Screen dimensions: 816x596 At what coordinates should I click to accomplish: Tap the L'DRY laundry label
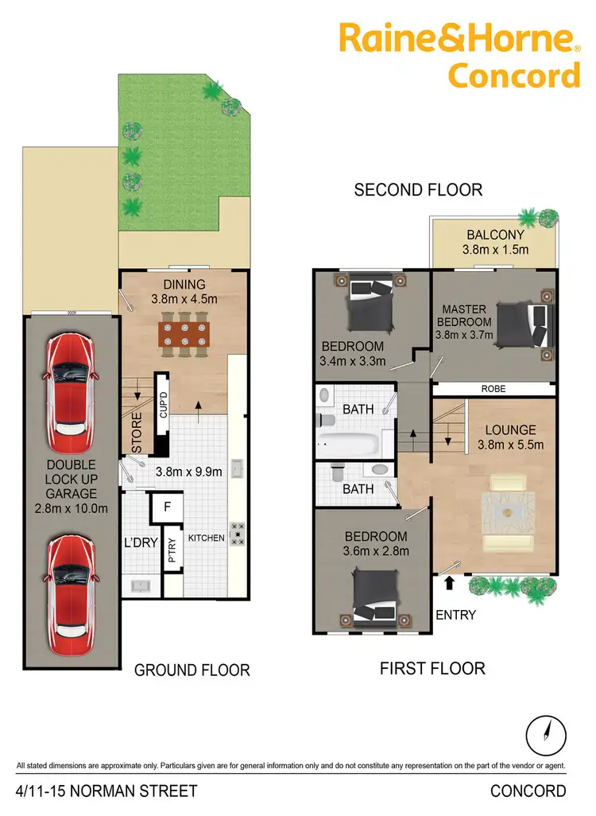tap(140, 543)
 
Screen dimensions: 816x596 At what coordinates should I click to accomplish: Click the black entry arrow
tap(449, 583)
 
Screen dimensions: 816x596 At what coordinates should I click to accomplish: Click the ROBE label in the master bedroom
tap(493, 390)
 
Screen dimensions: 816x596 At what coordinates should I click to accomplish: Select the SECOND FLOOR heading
tap(418, 190)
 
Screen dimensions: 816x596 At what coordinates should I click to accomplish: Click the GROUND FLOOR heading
tap(192, 670)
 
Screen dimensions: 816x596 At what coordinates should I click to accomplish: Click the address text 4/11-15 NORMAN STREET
tap(106, 791)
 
